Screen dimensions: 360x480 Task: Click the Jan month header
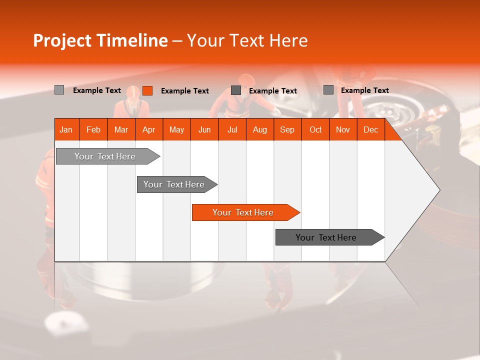66,129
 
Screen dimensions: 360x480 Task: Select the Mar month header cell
121,129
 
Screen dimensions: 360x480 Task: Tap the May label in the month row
176,129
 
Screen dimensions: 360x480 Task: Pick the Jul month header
232,129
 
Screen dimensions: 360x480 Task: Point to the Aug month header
259,129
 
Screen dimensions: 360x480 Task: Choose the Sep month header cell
287,129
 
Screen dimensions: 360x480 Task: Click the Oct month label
315,129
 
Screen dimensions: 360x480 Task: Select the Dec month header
370,129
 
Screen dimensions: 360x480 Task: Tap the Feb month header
93,129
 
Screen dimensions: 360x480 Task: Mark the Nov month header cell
343,129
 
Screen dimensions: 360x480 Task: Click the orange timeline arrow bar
243,212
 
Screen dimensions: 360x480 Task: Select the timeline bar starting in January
105,156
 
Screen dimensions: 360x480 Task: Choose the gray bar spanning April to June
174,184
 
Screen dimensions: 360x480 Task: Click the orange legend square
147,90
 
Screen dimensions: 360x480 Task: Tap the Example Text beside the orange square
184,90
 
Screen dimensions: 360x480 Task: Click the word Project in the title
62,40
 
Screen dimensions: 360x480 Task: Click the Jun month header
204,129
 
